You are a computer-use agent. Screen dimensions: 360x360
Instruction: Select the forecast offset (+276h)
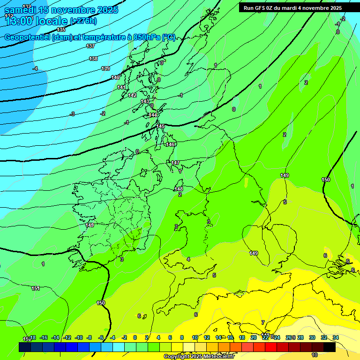83,21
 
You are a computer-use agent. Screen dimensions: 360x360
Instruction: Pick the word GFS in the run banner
260,7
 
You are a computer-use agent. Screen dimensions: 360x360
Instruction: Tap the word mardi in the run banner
291,7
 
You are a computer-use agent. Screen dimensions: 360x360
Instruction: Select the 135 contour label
61,30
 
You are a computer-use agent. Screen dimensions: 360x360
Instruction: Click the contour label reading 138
93,59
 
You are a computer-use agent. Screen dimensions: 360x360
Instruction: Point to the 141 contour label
121,87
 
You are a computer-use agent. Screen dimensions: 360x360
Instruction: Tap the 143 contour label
145,101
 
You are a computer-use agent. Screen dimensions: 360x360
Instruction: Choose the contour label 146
170,144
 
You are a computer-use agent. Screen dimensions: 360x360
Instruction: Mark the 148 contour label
179,189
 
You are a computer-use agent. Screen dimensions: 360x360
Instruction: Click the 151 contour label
36,288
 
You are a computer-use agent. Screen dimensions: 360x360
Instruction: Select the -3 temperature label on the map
72,114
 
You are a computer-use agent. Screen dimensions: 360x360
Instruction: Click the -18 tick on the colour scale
32,337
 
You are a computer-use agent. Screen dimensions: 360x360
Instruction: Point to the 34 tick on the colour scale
336,337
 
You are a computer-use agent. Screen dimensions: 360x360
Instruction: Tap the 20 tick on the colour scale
253,337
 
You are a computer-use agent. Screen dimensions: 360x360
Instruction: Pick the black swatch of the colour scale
330,347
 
